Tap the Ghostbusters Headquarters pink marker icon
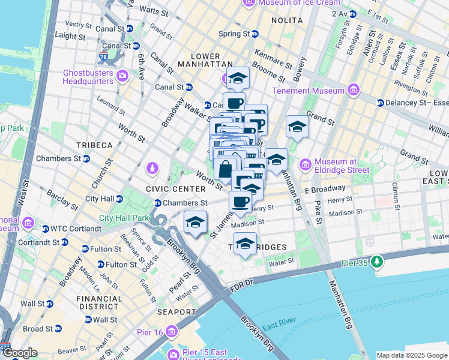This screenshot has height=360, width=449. click(123, 76)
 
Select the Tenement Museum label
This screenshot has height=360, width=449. click(309, 91)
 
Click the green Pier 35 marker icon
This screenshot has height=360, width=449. click(376, 261)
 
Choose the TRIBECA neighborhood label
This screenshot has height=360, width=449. click(94, 146)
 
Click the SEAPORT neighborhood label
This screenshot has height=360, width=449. click(177, 313)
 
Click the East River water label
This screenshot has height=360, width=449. click(277, 326)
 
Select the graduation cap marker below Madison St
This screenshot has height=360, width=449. click(245, 244)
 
